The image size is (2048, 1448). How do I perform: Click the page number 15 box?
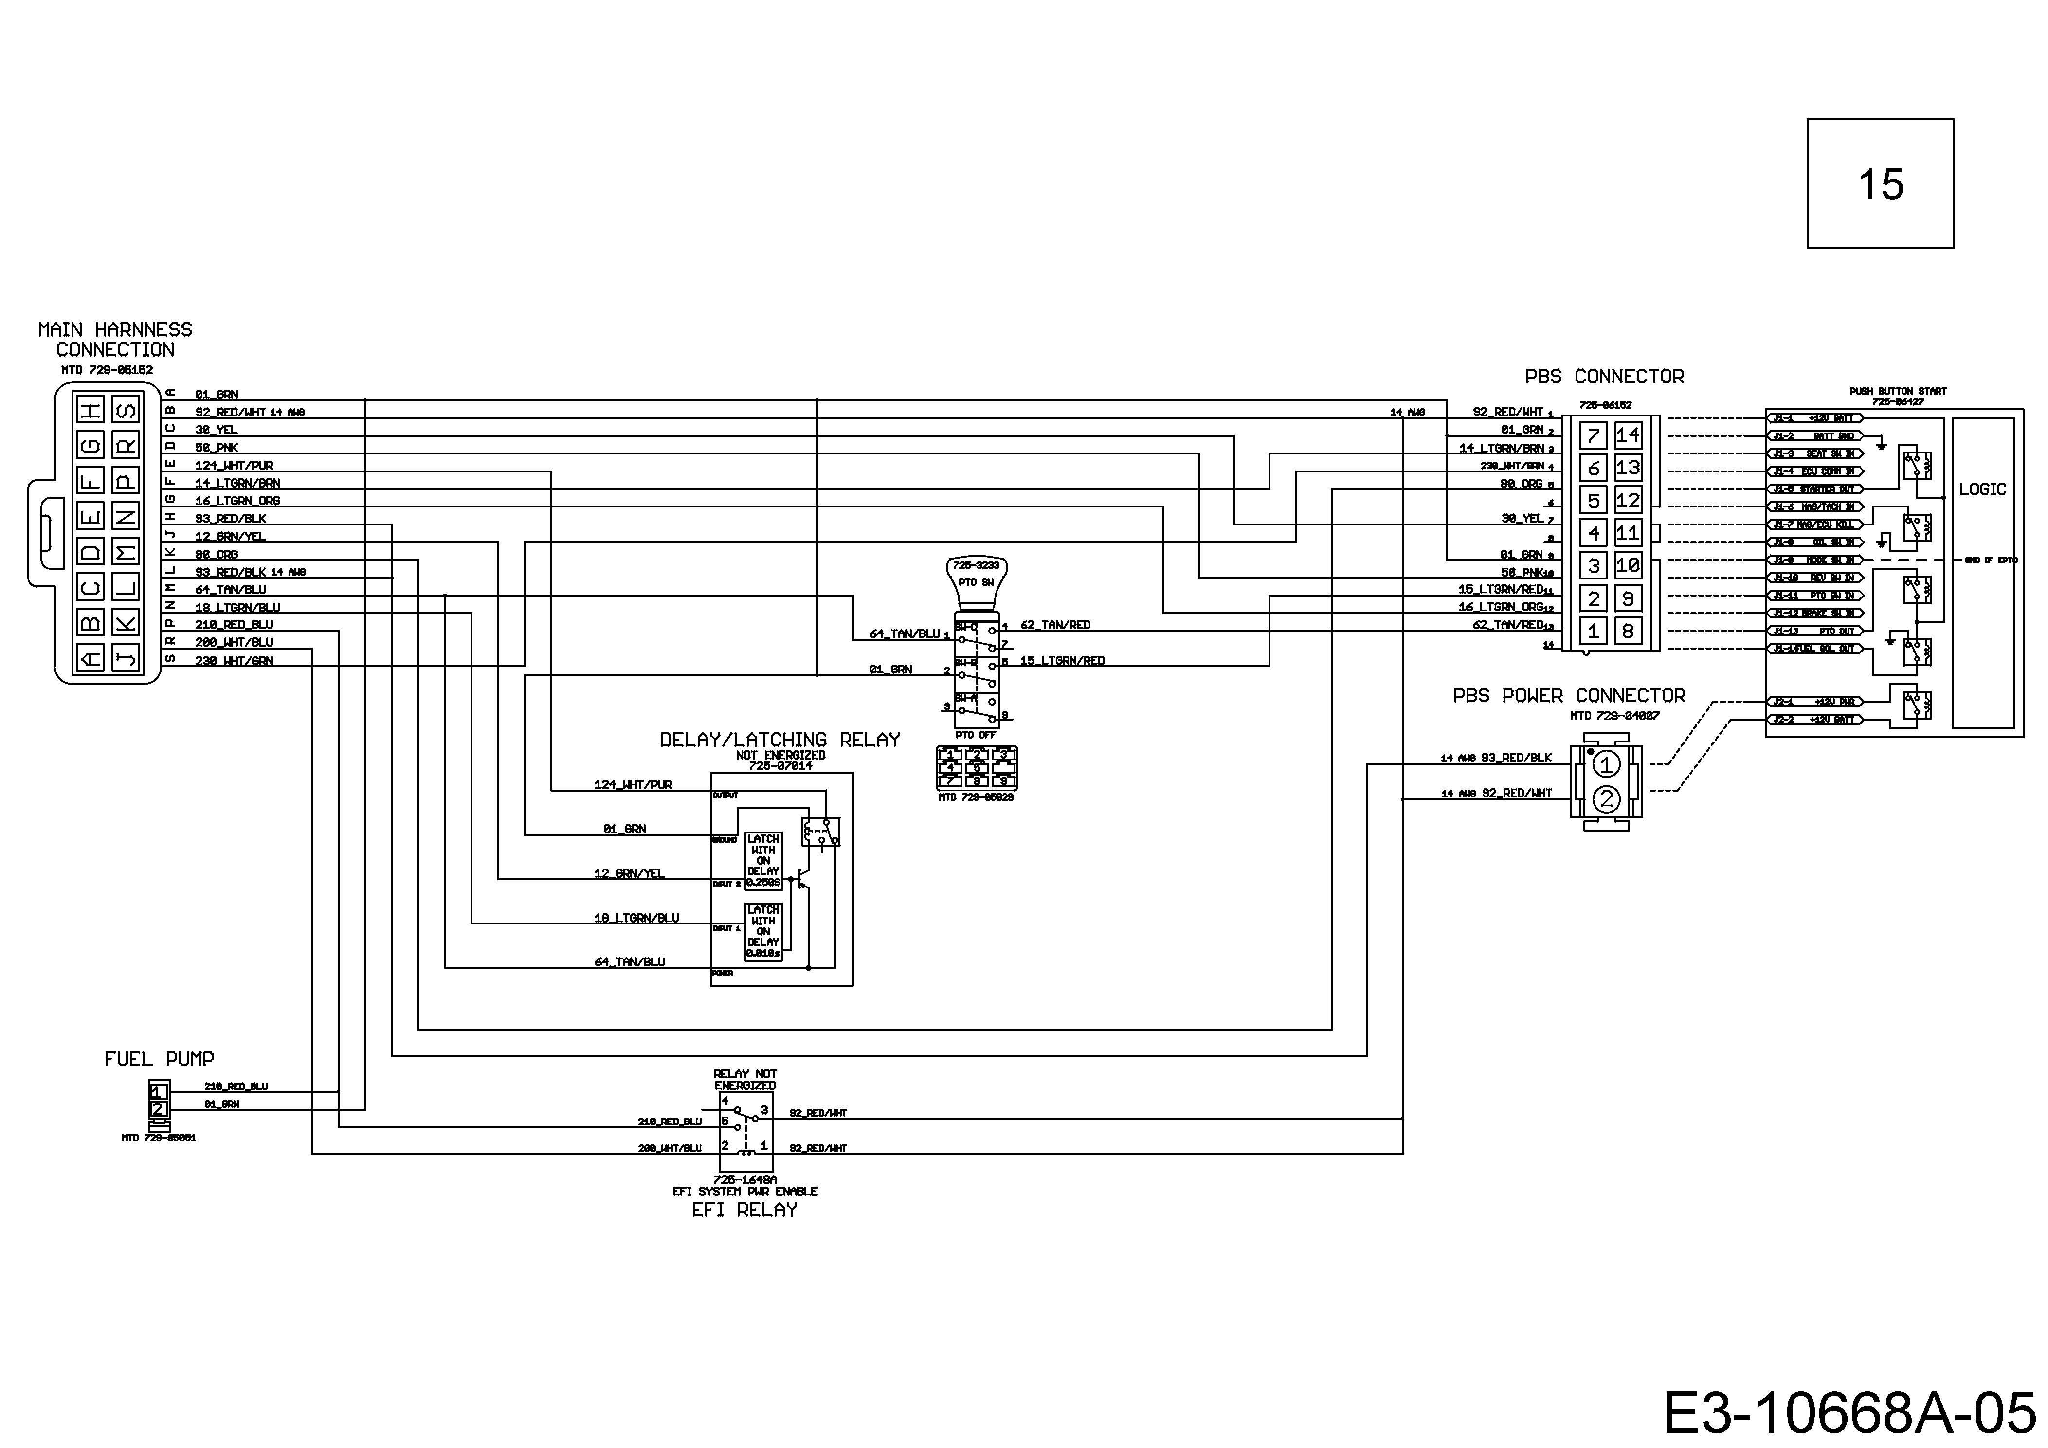tap(1880, 184)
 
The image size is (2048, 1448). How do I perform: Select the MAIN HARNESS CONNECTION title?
tap(115, 340)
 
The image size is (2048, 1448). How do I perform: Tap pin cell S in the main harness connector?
tap(126, 410)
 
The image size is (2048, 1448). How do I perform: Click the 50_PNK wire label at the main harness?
tap(217, 448)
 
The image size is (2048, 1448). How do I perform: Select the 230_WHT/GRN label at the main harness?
tap(234, 661)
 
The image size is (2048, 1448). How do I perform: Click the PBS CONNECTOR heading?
tap(1604, 377)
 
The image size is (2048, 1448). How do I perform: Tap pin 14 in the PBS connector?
tap(1627, 435)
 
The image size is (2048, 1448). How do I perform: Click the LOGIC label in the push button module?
tap(1982, 489)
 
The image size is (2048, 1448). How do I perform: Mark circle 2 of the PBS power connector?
tap(1606, 799)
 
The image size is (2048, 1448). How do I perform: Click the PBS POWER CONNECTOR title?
tap(1569, 696)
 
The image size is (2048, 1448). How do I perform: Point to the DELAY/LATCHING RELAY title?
tap(779, 740)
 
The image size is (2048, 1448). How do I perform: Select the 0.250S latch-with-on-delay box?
tap(762, 860)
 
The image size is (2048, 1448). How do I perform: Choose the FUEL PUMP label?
tap(159, 1059)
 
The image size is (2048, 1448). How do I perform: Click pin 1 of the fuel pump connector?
tap(159, 1091)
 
